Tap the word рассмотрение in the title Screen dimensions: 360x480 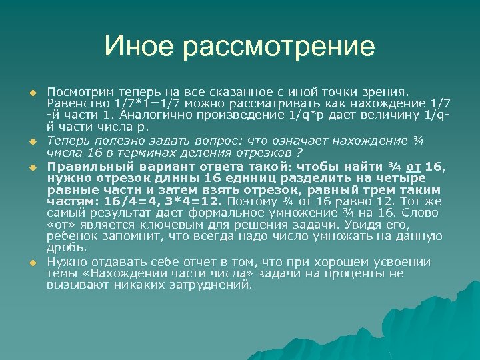coord(279,48)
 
